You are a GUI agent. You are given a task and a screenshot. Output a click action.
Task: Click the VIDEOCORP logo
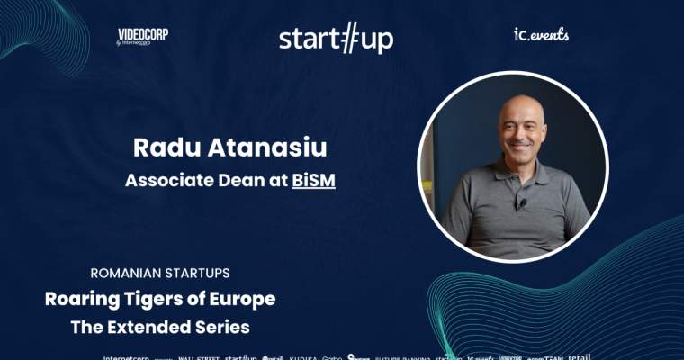coord(142,36)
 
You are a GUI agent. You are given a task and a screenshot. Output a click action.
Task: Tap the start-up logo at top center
coord(336,39)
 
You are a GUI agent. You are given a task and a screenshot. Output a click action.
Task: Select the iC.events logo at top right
coord(541,35)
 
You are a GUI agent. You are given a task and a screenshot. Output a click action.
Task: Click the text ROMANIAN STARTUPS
coord(160,272)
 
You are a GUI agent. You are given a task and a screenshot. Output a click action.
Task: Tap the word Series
coord(225,327)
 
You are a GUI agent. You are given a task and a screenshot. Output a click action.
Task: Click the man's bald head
coord(513,103)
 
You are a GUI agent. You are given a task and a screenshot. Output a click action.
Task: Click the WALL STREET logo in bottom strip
coord(199,356)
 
